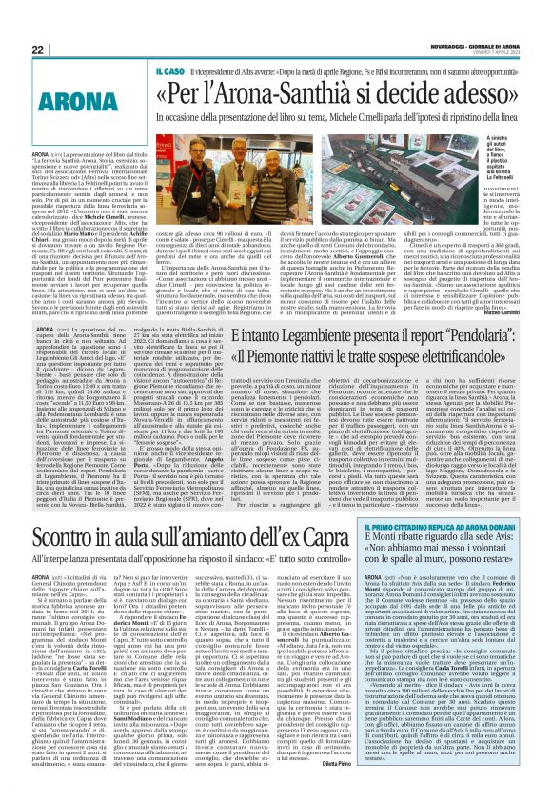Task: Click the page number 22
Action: (x=37, y=50)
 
